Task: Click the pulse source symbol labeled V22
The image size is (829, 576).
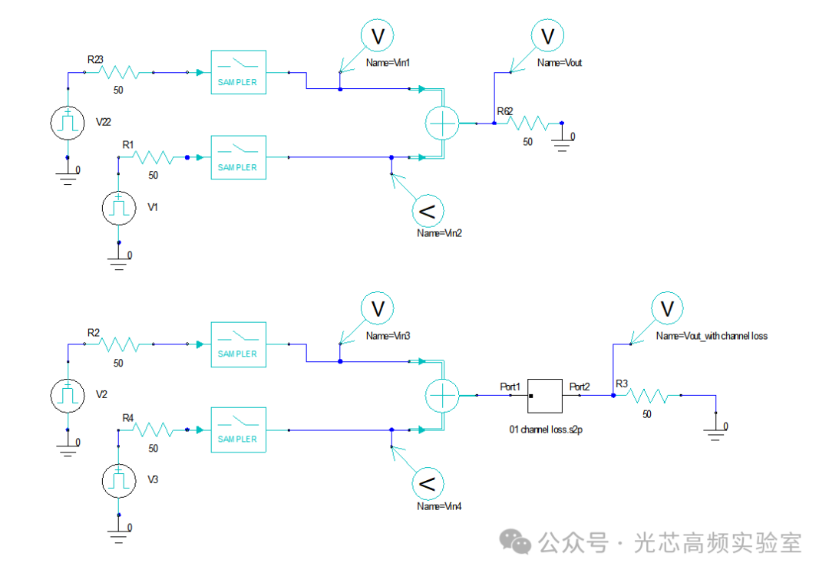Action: point(67,123)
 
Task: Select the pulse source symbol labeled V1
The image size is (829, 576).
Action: point(118,208)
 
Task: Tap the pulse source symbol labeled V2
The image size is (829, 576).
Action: point(67,395)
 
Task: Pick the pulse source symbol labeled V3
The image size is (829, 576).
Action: point(118,481)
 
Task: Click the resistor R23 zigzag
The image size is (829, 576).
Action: point(119,72)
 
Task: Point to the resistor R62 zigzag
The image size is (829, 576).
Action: point(527,123)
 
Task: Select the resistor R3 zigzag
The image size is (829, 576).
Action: point(647,396)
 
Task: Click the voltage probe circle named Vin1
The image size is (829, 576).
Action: point(378,36)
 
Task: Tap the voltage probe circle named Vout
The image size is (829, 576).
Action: point(548,36)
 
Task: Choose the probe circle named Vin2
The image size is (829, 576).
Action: point(428,211)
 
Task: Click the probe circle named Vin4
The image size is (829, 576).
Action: point(428,483)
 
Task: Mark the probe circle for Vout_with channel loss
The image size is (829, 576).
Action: point(667,308)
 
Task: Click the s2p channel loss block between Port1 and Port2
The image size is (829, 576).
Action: point(544,396)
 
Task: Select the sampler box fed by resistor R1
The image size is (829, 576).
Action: point(239,157)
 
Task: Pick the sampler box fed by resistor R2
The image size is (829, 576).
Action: point(239,344)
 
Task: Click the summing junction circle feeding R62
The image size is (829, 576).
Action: point(442,123)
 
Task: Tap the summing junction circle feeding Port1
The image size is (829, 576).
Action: point(442,395)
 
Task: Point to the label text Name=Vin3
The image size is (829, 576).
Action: point(388,336)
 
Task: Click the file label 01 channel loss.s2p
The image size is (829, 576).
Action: point(547,430)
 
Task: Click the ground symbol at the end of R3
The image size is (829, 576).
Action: point(715,433)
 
